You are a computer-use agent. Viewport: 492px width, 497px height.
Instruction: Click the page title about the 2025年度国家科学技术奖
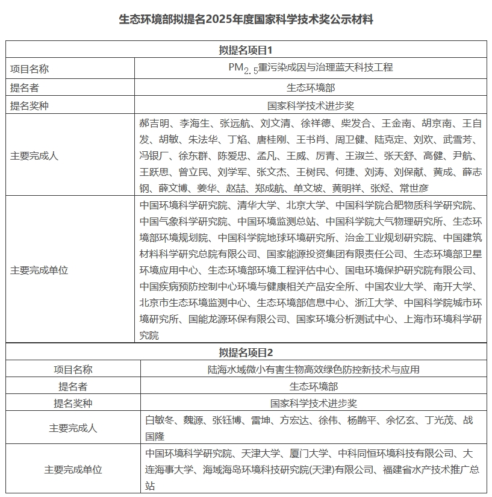[x=246, y=19]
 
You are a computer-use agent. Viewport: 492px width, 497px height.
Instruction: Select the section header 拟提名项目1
[x=246, y=50]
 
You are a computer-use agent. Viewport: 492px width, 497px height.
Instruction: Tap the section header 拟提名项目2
[x=246, y=352]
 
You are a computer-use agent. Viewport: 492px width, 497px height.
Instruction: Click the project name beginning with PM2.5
[x=310, y=68]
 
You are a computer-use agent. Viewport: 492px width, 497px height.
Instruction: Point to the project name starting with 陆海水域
[x=310, y=369]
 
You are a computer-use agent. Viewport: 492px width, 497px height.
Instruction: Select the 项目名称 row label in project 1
[x=30, y=69]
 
